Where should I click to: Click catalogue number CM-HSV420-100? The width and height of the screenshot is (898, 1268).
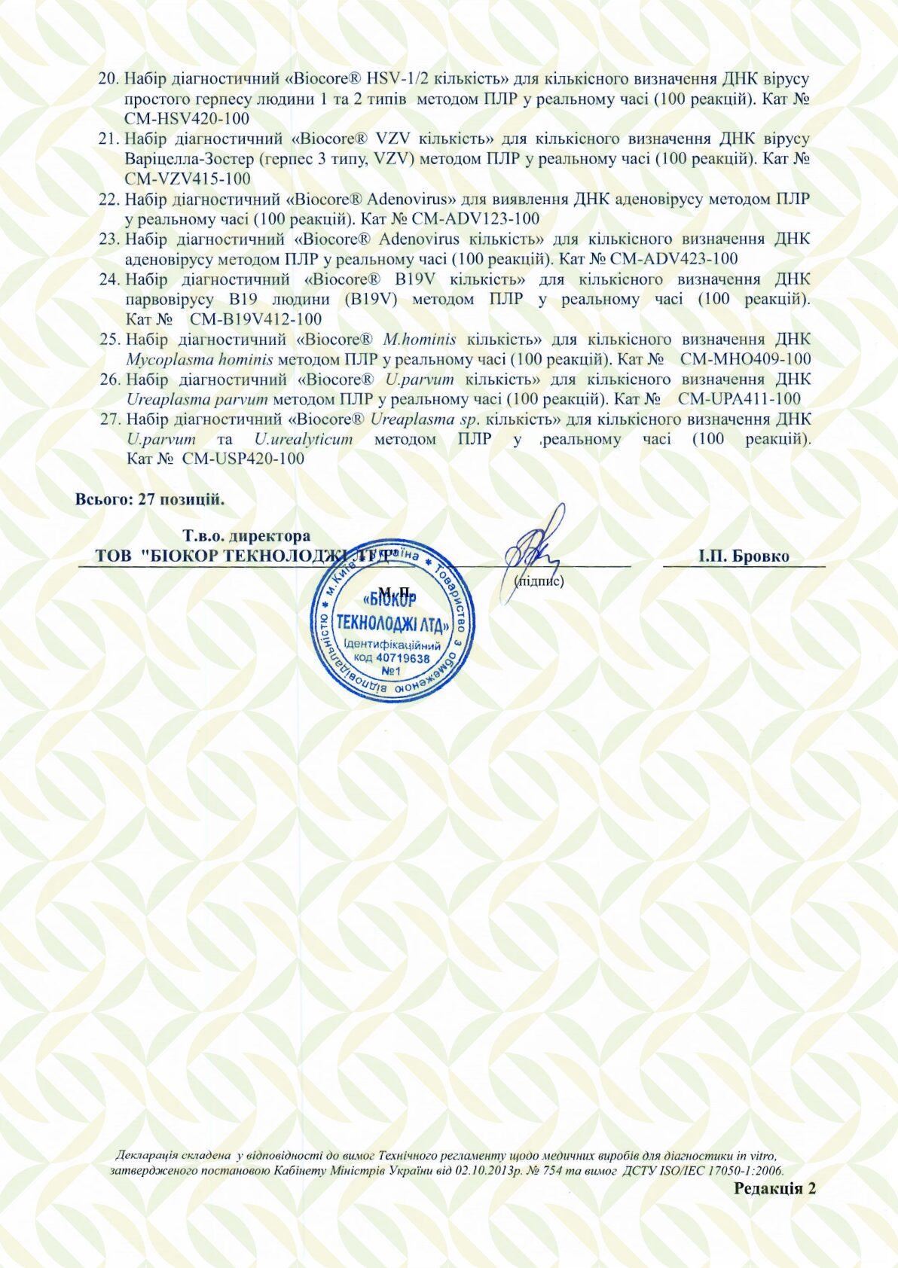(x=187, y=118)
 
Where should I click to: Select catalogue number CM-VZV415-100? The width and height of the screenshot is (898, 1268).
(x=188, y=178)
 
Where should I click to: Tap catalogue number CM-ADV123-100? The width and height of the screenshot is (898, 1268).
(x=475, y=219)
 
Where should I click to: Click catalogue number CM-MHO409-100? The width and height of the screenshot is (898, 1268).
(x=745, y=359)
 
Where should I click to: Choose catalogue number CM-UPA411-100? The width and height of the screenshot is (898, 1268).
(x=739, y=399)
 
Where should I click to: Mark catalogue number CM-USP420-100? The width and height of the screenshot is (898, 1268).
(x=243, y=459)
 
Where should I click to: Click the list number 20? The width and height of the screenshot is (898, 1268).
(x=109, y=79)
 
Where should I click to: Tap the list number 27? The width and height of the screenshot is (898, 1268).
(x=111, y=419)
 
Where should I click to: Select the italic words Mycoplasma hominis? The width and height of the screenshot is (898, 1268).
(x=200, y=359)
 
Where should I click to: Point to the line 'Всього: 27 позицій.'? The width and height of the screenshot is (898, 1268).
(x=150, y=499)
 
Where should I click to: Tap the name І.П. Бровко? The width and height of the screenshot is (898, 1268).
(x=744, y=556)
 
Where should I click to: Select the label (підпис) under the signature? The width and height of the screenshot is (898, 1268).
(x=539, y=581)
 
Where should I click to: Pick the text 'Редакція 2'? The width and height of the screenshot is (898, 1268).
(x=775, y=1188)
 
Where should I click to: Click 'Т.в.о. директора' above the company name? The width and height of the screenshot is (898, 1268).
(x=246, y=536)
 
